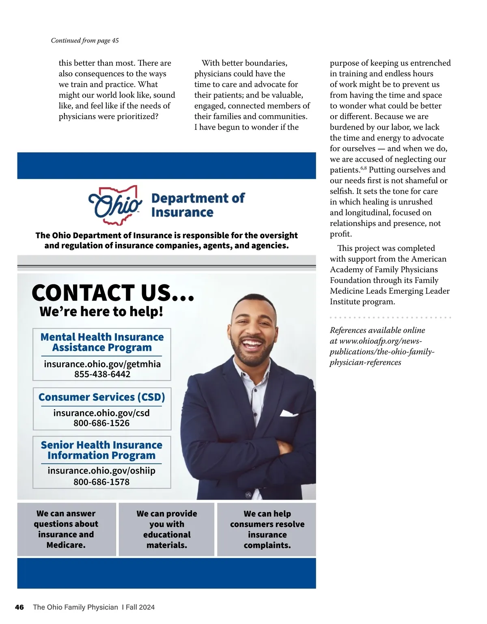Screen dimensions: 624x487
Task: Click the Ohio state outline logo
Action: pyautogui.click(x=115, y=205)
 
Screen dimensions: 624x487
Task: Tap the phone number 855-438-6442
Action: pyautogui.click(x=102, y=374)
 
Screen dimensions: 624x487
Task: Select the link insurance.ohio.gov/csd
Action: pyautogui.click(x=101, y=413)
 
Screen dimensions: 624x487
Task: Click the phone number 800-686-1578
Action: pyautogui.click(x=101, y=482)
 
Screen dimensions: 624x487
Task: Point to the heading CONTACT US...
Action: pyautogui.click(x=113, y=293)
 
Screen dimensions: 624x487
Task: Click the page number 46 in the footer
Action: pyautogui.click(x=19, y=607)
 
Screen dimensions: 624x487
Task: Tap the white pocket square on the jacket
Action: pyautogui.click(x=289, y=413)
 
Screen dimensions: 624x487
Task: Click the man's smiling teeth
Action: pyautogui.click(x=252, y=345)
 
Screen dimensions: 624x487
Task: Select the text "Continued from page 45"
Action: pyautogui.click(x=85, y=41)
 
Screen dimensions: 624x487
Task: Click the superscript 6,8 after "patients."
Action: pyautogui.click(x=363, y=168)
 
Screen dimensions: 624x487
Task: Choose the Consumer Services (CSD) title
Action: pyautogui.click(x=101, y=397)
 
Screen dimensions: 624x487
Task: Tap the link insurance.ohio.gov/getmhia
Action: pyautogui.click(x=102, y=364)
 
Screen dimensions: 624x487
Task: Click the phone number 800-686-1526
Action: pyautogui.click(x=101, y=423)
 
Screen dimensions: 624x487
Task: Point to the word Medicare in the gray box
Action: pyautogui.click(x=66, y=545)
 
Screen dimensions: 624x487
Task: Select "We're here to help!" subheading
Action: pyautogui.click(x=101, y=312)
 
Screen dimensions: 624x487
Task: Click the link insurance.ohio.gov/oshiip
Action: pyautogui.click(x=101, y=471)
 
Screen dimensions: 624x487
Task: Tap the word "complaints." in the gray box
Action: pyautogui.click(x=267, y=545)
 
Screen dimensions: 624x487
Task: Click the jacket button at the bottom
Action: pyautogui.click(x=248, y=495)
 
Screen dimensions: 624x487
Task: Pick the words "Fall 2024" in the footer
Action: pyautogui.click(x=140, y=607)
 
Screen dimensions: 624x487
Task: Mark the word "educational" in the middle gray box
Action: pyautogui.click(x=167, y=535)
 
